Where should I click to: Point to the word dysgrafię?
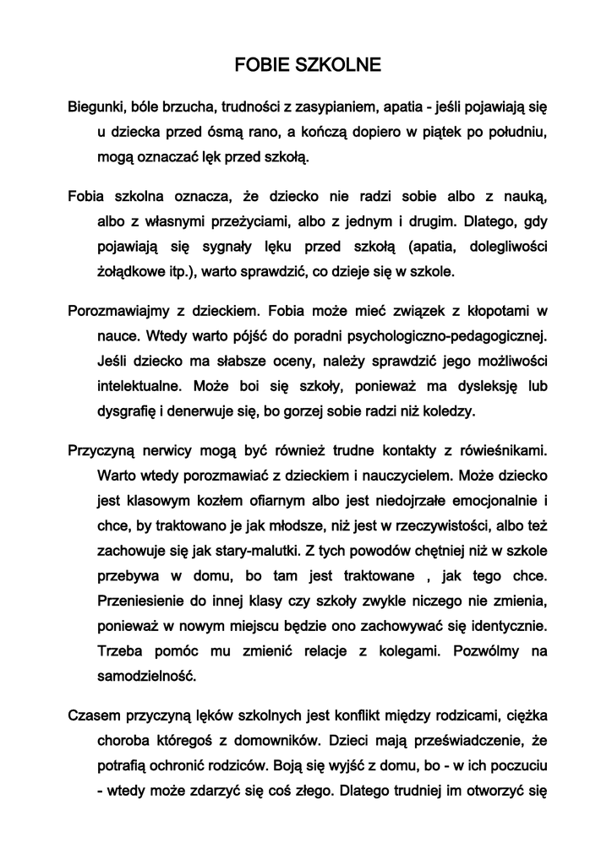(x=133, y=412)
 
